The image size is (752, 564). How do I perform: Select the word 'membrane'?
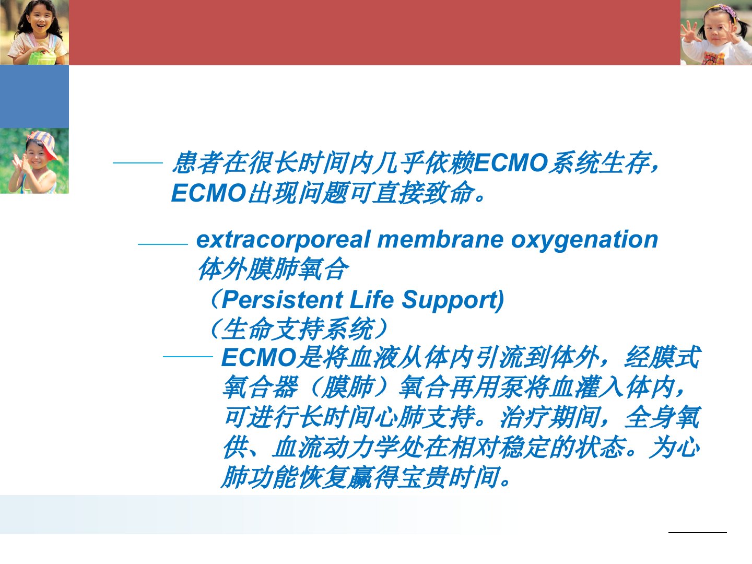point(440,239)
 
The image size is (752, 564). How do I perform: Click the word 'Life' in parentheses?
point(372,300)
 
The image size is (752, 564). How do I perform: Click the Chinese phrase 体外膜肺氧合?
point(273,269)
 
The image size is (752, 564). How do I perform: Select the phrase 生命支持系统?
point(298,329)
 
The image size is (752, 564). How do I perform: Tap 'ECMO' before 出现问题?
point(208,193)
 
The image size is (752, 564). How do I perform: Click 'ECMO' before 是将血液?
point(258,358)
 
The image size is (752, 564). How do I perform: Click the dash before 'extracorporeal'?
point(163,244)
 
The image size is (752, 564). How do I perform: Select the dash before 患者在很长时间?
point(138,162)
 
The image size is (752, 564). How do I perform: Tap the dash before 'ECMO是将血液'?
point(188,357)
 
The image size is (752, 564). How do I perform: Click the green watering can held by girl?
point(41,57)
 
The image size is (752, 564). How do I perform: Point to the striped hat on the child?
point(43,143)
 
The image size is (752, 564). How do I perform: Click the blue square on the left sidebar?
point(34,97)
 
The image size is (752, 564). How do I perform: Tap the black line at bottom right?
point(698,533)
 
